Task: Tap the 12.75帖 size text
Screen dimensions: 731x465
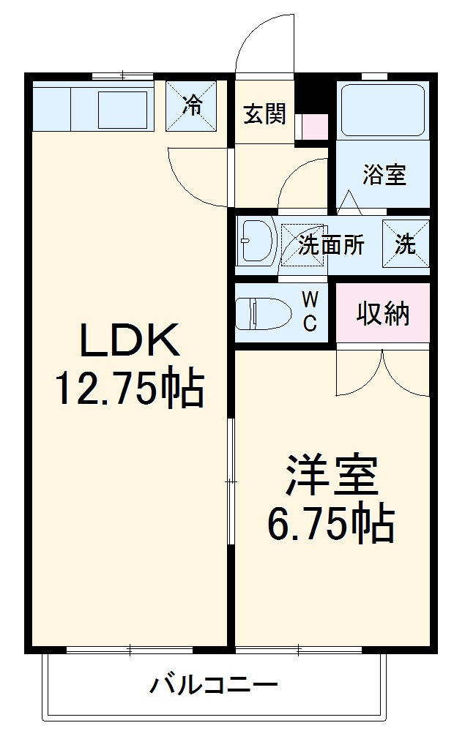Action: (129, 390)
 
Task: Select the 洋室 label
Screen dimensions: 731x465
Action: (331, 476)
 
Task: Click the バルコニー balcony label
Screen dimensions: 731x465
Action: (214, 686)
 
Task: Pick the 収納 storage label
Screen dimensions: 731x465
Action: (383, 314)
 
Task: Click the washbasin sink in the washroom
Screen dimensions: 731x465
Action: (256, 242)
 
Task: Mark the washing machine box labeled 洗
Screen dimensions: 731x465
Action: (405, 244)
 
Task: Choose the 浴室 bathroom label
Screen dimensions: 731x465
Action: (384, 175)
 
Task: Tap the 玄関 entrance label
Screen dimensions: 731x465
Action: (264, 115)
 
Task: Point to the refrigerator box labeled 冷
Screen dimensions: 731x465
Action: (191, 107)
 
